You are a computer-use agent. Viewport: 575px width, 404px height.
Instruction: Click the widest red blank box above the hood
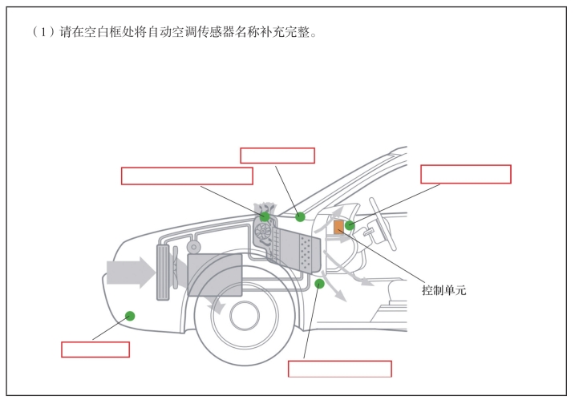pos(186,176)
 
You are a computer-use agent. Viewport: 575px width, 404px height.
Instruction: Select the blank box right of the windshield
pos(465,174)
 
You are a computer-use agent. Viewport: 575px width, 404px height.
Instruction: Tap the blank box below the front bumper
pos(95,349)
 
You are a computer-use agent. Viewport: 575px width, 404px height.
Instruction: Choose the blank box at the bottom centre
pos(339,369)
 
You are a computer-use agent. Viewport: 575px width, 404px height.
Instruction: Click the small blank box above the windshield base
pos(277,156)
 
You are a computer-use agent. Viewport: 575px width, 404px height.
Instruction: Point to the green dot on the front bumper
pos(129,315)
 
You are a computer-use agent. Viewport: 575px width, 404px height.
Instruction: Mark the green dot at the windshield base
pos(300,216)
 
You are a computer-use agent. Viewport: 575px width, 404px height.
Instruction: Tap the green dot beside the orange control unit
pos(350,225)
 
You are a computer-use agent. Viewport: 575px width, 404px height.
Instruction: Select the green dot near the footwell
pos(319,283)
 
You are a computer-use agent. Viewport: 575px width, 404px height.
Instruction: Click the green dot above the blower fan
pos(265,216)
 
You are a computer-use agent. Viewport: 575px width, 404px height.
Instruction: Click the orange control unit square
pos(339,226)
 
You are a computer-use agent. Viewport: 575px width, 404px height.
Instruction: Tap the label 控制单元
pos(443,289)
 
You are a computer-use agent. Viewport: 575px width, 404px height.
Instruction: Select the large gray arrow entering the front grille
pos(132,271)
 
